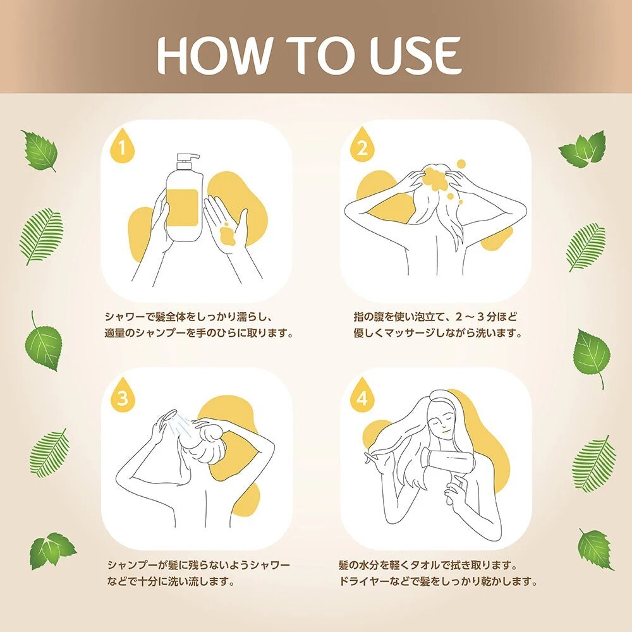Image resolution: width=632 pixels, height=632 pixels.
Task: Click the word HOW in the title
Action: click(214, 55)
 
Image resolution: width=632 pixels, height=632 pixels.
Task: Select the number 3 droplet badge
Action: click(123, 396)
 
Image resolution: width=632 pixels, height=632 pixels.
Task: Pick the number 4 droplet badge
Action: click(362, 396)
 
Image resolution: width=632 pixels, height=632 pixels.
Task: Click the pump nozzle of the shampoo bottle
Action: click(188, 157)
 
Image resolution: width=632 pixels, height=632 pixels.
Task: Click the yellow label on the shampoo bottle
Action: click(182, 207)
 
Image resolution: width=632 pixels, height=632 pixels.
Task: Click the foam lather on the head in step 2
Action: click(437, 178)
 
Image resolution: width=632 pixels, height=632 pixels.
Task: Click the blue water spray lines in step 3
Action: click(181, 425)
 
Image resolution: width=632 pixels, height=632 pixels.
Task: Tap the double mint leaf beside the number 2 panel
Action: click(583, 149)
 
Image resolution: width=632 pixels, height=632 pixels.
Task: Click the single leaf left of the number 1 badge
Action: click(39, 151)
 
